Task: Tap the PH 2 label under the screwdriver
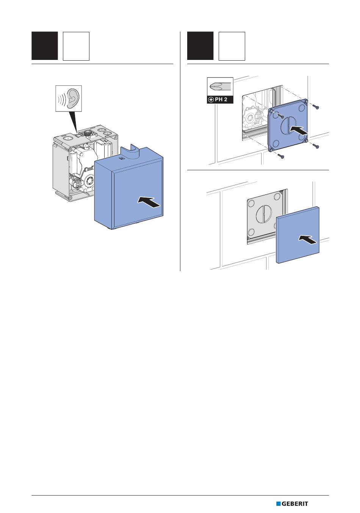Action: click(220, 100)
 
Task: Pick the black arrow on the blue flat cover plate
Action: click(308, 240)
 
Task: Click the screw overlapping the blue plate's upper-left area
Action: click(280, 116)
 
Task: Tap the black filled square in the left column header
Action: click(45, 46)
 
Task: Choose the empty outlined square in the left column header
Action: click(76, 46)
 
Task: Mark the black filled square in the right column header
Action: click(200, 46)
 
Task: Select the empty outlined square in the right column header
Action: click(232, 46)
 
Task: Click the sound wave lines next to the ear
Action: click(61, 99)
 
